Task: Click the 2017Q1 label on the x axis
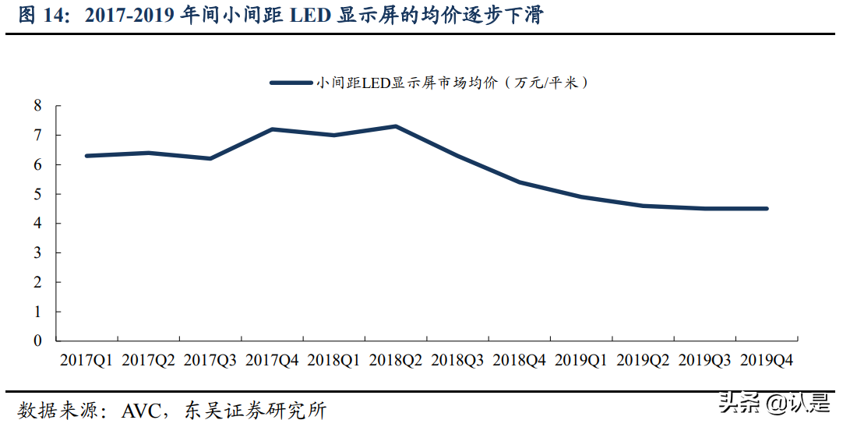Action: pos(86,361)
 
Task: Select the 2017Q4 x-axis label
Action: pos(272,361)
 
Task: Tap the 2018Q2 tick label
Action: pos(396,361)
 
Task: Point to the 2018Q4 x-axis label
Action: pos(520,361)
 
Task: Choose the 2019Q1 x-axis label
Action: pos(581,361)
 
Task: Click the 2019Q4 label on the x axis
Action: pos(767,361)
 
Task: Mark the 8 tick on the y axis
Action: pos(37,106)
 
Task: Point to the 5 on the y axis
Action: pos(37,194)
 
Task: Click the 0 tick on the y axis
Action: pos(37,341)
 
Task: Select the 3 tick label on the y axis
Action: pos(37,253)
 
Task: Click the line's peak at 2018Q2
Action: pos(396,126)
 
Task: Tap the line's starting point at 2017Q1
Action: pos(86,156)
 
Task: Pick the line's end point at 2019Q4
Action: pos(767,209)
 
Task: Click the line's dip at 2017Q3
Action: pos(210,158)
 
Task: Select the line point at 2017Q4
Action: pos(272,129)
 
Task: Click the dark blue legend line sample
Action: pos(290,82)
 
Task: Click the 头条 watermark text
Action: pos(739,403)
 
